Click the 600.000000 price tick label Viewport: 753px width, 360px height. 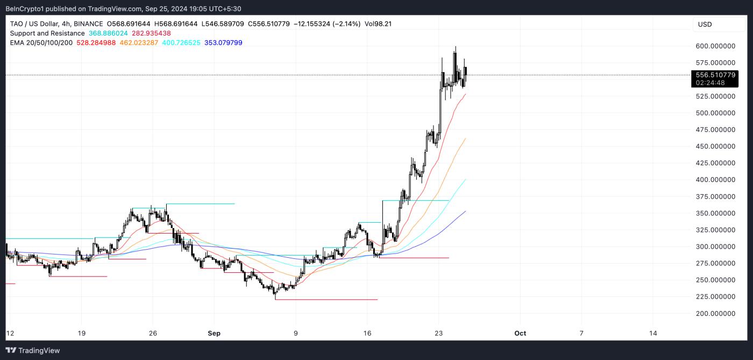pyautogui.click(x=715, y=46)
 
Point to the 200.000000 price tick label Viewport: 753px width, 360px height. pyautogui.click(x=715, y=313)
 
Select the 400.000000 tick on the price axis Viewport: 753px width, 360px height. pyautogui.click(x=715, y=180)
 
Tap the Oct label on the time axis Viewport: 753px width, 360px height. pyautogui.click(x=520, y=333)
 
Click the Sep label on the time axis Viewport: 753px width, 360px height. pyautogui.click(x=214, y=333)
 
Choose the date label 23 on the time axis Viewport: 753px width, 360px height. pyautogui.click(x=439, y=333)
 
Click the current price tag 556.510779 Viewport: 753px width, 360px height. pyautogui.click(x=715, y=75)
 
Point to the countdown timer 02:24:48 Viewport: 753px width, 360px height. pyautogui.click(x=710, y=83)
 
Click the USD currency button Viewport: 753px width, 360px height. pyautogui.click(x=705, y=24)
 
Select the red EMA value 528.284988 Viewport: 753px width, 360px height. pyautogui.click(x=96, y=43)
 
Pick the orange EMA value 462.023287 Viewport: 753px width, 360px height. pyautogui.click(x=138, y=43)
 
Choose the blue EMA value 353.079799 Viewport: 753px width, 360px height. pyautogui.click(x=222, y=43)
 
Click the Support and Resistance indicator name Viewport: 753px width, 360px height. pyautogui.click(x=47, y=33)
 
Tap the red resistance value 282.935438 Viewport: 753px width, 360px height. pyautogui.click(x=151, y=33)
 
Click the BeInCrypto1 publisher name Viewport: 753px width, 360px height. pyautogui.click(x=26, y=9)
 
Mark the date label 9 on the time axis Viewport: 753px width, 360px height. pyautogui.click(x=295, y=333)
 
